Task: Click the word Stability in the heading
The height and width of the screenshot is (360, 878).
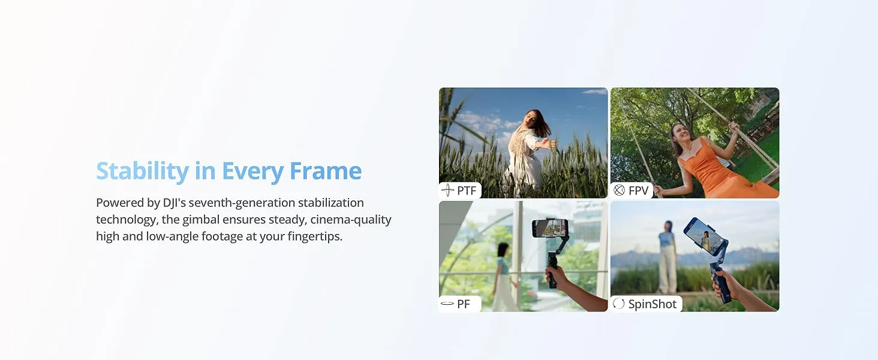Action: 142,172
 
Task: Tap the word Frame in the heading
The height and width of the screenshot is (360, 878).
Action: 326,172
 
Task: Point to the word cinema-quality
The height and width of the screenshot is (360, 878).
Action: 351,220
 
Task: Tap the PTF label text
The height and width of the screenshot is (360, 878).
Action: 467,191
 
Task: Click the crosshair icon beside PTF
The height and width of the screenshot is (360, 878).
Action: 447,191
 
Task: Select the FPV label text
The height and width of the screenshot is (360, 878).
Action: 638,191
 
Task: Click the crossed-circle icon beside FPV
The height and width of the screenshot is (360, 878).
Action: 619,191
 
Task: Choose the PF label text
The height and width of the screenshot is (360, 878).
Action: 464,304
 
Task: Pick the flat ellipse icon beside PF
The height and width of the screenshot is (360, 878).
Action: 447,304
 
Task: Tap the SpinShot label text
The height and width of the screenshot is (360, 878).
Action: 652,304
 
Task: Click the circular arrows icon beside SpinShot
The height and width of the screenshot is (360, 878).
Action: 619,304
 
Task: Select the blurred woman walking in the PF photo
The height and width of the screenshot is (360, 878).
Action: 503,273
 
